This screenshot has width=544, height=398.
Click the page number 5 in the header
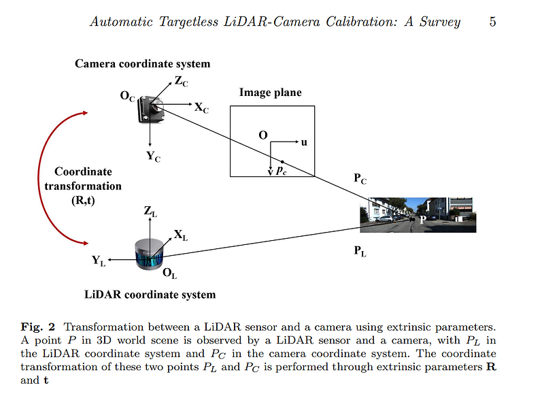coord(492,22)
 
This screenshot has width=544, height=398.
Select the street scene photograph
coord(418,214)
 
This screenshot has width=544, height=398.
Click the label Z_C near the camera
coord(182,82)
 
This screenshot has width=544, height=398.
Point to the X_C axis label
coord(201,108)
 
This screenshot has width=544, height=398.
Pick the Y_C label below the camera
coord(153,156)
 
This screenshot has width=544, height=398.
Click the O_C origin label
coord(127,97)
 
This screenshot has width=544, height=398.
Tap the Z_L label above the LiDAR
coord(150,212)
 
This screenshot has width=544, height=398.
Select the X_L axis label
coord(181,235)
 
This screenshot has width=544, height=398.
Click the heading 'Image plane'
coord(270,93)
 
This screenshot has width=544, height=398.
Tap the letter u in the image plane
coord(304,142)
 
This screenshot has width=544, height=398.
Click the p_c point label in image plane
coord(281,171)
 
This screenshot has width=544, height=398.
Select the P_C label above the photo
coord(360,180)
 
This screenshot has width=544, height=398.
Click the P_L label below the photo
coord(360,252)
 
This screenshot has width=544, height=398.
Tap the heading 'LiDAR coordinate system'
coord(150,295)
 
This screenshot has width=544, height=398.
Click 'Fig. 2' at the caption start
coord(36,327)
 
